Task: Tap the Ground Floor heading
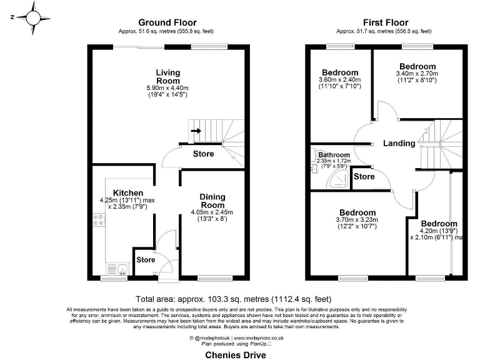tap(164, 22)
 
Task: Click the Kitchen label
tap(128, 192)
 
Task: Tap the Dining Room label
tap(212, 201)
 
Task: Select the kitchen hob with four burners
tap(99, 220)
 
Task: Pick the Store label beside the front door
tap(146, 259)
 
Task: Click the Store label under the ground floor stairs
tap(203, 154)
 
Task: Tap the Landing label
tap(399, 143)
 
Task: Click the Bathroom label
tap(334, 154)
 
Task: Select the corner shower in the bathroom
tap(340, 179)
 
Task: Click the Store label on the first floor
tap(364, 177)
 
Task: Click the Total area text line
tap(233, 299)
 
